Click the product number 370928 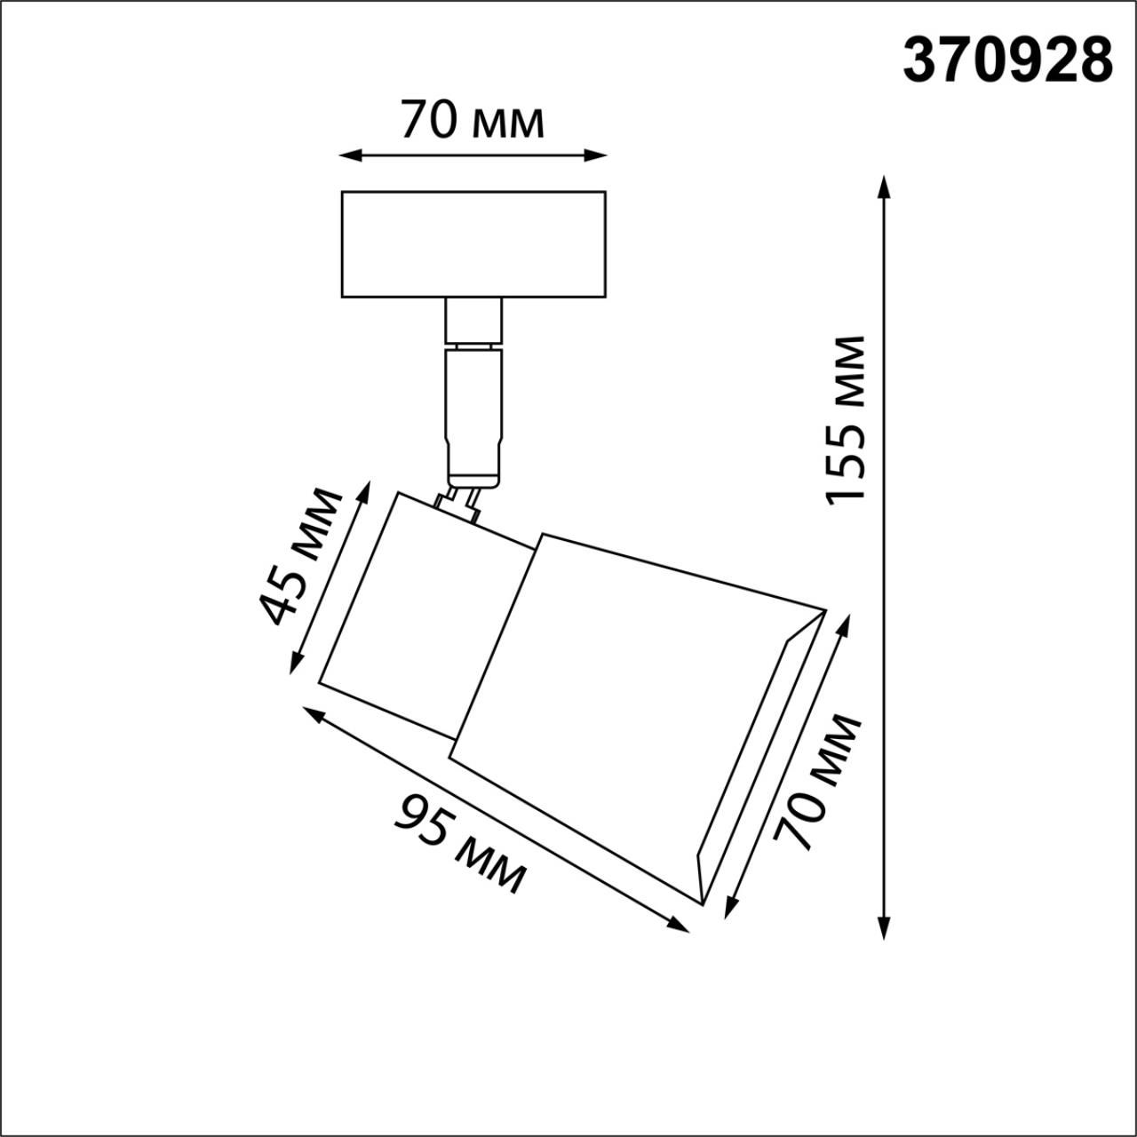point(1007,61)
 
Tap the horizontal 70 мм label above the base point(472,121)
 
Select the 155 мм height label point(845,419)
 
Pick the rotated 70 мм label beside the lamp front point(817,782)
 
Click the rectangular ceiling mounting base point(473,243)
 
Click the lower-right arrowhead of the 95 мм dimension point(680,926)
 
